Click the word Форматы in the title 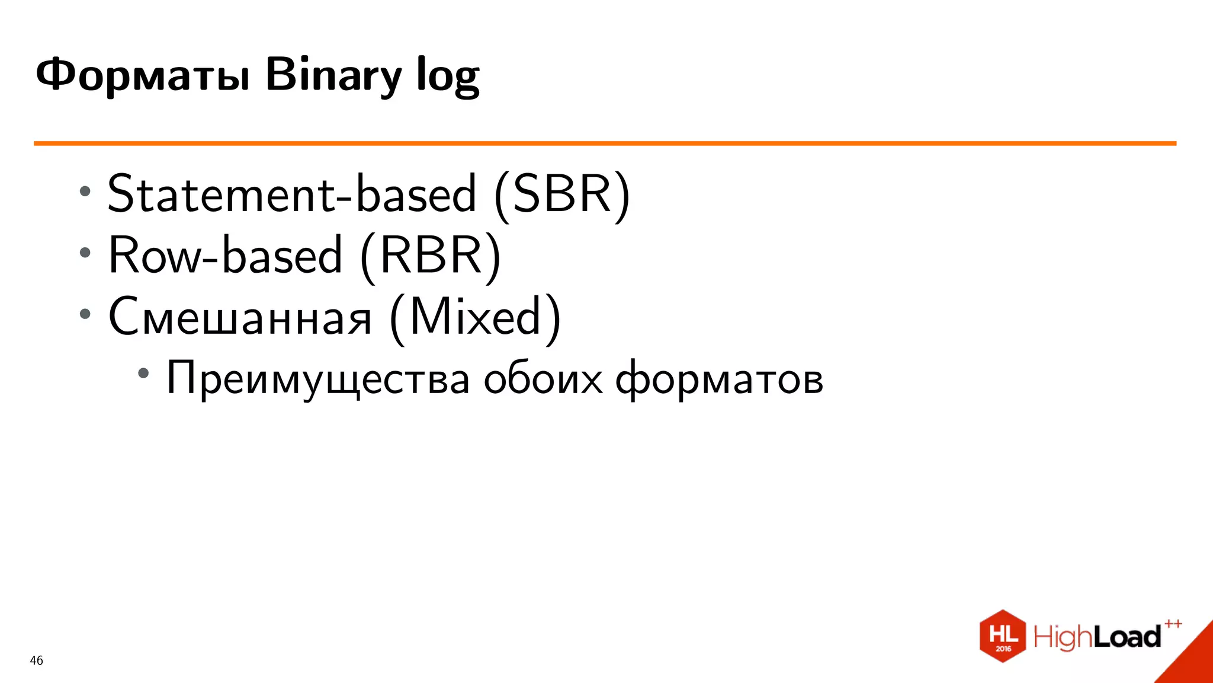142,75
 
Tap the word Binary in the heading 333,75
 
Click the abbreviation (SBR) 562,194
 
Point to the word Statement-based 292,194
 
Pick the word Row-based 225,256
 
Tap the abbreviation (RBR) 431,256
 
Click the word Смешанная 240,317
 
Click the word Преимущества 318,379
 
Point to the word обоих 543,379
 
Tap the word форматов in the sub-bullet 719,379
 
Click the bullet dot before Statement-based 85,191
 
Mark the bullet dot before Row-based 85,253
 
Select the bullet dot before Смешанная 85,314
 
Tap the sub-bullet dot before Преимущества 143,374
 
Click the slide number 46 36,660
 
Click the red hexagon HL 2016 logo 1003,636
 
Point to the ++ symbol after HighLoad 1173,624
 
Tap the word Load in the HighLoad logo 1127,637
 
